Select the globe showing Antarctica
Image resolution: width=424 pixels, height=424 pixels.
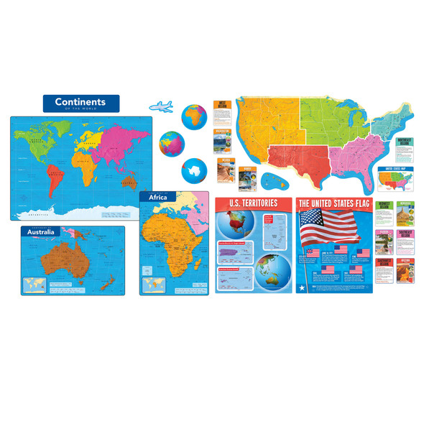pyautogui.click(x=193, y=170)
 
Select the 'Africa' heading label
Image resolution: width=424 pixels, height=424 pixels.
pyautogui.click(x=157, y=196)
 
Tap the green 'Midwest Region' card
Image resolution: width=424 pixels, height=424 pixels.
pyautogui.click(x=385, y=213)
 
